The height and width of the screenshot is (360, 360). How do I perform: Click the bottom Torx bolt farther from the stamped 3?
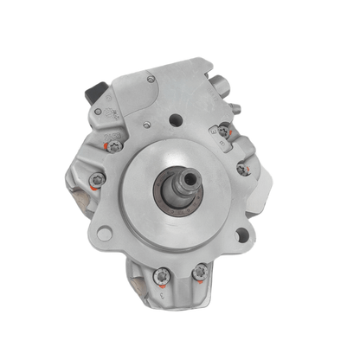160,277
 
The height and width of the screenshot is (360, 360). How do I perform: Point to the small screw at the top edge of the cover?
152,80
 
